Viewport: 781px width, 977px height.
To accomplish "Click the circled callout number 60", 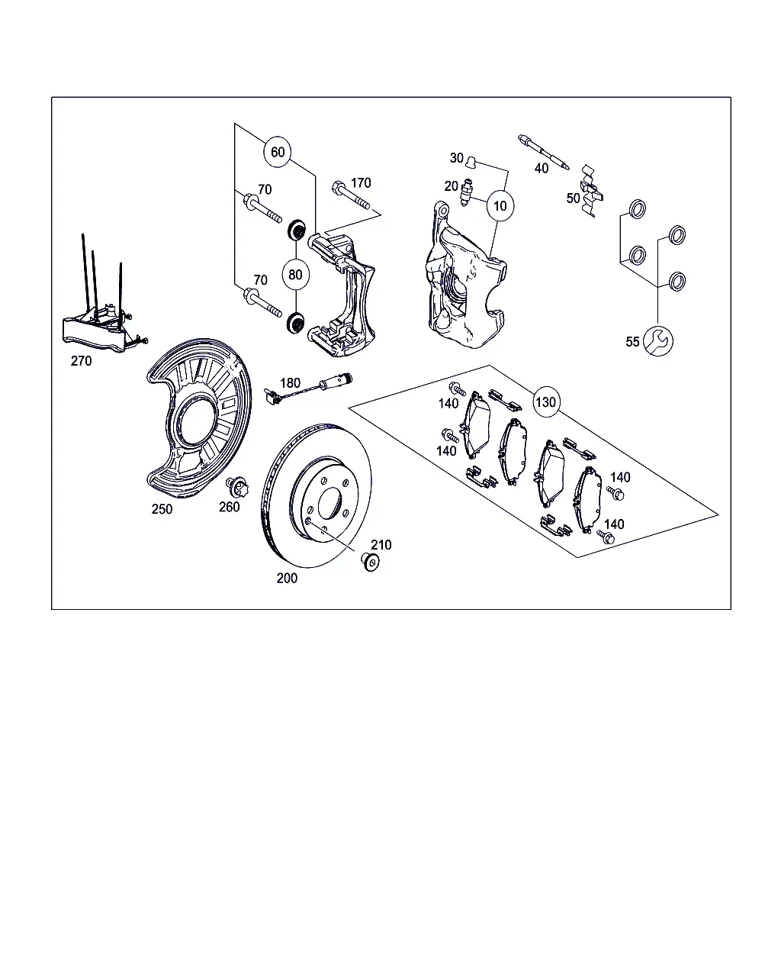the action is coord(278,152).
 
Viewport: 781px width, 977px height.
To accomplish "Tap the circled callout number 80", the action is coord(295,275).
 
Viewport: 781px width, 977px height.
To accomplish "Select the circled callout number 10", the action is coord(500,205).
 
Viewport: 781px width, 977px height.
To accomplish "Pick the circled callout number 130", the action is coord(545,401).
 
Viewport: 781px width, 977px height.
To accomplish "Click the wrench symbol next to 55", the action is coord(658,341).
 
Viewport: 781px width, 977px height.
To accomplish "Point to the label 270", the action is coord(82,361).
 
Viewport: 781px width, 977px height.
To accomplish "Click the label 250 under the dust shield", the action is coord(162,509).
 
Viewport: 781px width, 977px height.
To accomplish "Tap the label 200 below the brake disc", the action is coord(287,578).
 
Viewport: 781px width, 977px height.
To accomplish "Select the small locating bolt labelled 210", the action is coord(371,562).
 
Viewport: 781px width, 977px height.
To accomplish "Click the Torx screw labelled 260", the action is coord(237,488).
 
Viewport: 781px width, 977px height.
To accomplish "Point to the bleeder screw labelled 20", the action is coord(466,193).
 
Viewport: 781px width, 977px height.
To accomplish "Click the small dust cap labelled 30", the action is coord(472,160).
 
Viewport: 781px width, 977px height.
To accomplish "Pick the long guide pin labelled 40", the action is coord(544,152).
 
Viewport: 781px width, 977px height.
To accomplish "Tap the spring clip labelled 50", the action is coord(591,191).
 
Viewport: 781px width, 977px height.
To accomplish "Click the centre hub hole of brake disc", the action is coord(330,504).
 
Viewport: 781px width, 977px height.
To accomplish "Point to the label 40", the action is coord(542,169).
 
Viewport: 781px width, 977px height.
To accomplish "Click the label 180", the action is coord(291,383).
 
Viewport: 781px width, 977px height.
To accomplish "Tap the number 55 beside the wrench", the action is coord(632,341).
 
